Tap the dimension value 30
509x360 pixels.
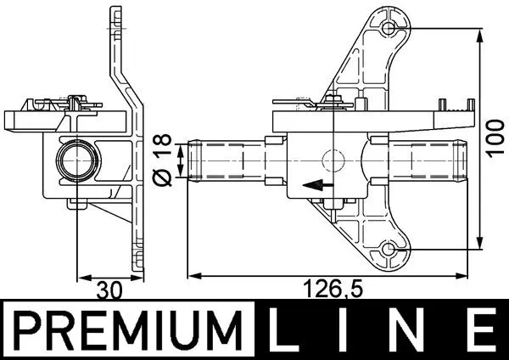(x=109, y=290)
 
